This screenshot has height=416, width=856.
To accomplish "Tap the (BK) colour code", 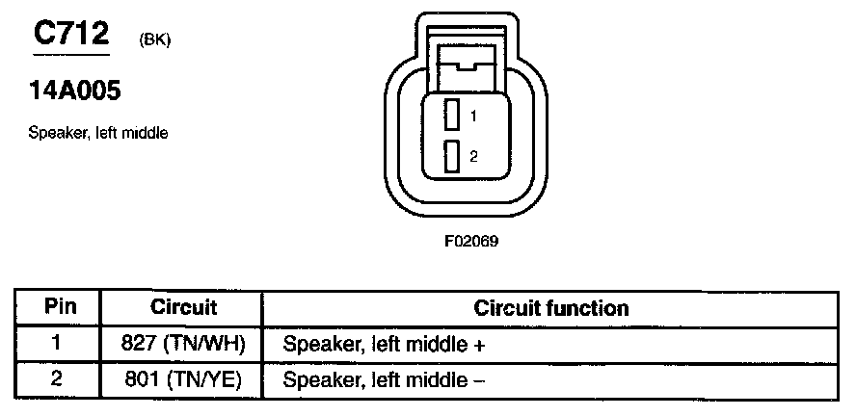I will pyautogui.click(x=155, y=40).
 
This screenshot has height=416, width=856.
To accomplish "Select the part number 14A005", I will pyautogui.click(x=76, y=92).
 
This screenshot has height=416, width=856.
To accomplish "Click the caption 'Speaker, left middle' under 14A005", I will pyautogui.click(x=98, y=133).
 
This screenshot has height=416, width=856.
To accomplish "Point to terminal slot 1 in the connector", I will pyautogui.click(x=451, y=115).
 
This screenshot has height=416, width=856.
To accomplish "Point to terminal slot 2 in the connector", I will pyautogui.click(x=451, y=156).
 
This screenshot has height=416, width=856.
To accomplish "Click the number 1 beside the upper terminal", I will pyautogui.click(x=474, y=116).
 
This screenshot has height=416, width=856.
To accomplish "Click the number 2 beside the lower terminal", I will pyautogui.click(x=474, y=156).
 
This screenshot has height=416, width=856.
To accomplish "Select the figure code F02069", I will pyautogui.click(x=471, y=242).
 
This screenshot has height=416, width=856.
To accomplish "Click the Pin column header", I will pyautogui.click(x=56, y=308).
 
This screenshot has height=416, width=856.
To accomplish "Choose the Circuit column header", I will pyautogui.click(x=183, y=308).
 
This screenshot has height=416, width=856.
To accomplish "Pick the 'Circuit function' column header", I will pyautogui.click(x=550, y=308).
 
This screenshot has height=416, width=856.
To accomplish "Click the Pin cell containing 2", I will pyautogui.click(x=56, y=379).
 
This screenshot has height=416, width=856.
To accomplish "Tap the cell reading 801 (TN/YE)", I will pyautogui.click(x=183, y=379).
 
